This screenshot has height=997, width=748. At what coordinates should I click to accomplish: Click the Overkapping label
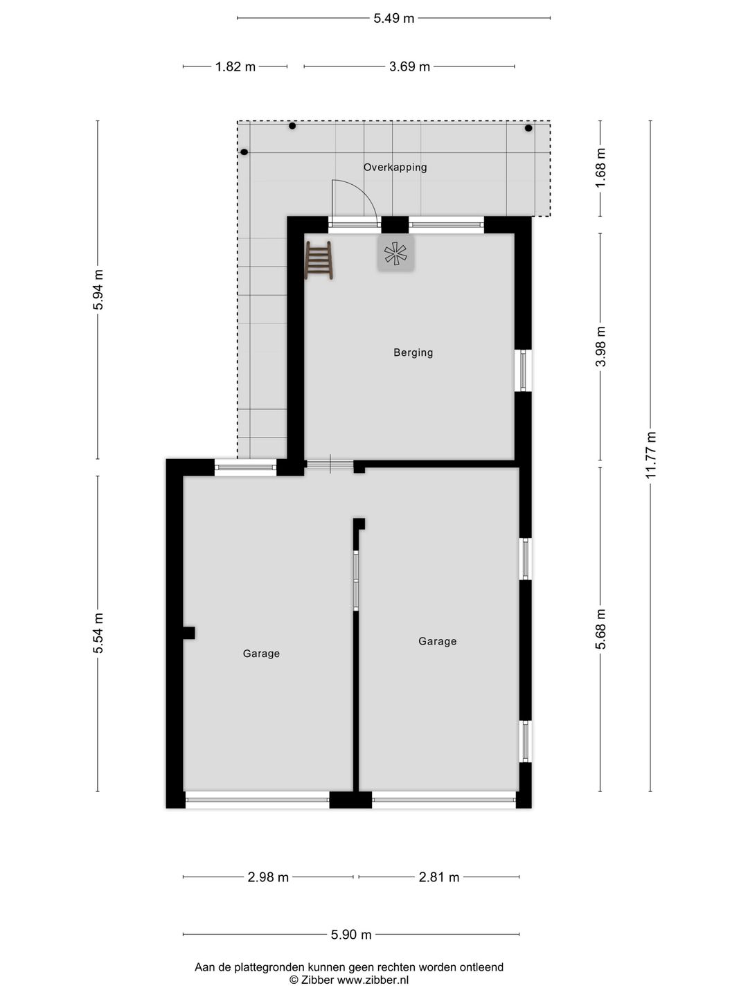(x=395, y=168)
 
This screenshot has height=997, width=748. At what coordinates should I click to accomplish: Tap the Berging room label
(x=413, y=352)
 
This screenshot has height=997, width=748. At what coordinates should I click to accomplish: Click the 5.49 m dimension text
(x=393, y=19)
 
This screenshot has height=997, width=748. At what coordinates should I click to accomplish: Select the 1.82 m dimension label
(x=235, y=67)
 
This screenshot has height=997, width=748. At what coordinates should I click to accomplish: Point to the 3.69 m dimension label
(x=409, y=67)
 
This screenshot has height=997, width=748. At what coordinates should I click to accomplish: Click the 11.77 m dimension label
(x=650, y=455)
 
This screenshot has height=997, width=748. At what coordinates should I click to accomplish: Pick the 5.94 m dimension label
(x=98, y=289)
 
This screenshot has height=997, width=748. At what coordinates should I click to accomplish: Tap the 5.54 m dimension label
(x=98, y=633)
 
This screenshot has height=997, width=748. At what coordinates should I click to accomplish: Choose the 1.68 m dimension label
(x=600, y=166)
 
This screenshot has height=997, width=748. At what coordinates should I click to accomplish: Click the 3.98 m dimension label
(x=600, y=346)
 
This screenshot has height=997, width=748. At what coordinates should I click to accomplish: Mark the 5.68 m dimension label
(x=600, y=629)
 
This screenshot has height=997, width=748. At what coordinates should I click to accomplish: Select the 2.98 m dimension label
(x=268, y=877)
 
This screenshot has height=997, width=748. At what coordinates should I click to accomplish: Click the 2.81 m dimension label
(x=439, y=877)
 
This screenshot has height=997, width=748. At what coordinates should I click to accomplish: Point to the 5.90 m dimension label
(x=351, y=935)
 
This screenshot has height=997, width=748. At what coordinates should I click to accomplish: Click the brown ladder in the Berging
(x=319, y=260)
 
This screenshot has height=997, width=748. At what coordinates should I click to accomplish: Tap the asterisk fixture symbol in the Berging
(x=395, y=253)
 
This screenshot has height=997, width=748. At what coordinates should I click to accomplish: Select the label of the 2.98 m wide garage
(x=261, y=654)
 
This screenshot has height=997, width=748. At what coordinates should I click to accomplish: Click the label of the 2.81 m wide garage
(x=437, y=642)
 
